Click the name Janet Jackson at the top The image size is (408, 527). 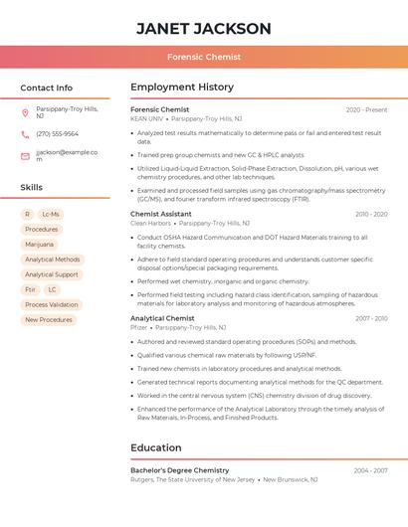coord(203,28)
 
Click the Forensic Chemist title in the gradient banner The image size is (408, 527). coord(203,58)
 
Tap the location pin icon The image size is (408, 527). coord(25,112)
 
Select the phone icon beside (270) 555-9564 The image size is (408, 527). coord(25,134)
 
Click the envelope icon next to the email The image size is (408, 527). coord(25,156)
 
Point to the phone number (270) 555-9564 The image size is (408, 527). coord(57,134)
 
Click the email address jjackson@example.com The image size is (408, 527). coord(67,155)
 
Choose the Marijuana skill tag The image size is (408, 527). coord(40,244)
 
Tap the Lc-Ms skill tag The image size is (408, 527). coord(51,214)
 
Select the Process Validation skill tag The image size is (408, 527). coord(51,304)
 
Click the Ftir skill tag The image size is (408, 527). coord(30,289)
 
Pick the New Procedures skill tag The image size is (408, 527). coord(49,320)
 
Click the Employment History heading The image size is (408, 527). coord(182,88)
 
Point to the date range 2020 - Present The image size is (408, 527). coord(366,109)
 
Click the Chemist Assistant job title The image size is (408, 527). coord(161,214)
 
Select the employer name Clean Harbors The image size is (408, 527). coord(151,224)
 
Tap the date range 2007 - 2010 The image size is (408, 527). coord(370,318)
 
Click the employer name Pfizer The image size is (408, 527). coord(138,327)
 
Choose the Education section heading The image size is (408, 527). coord(155,447)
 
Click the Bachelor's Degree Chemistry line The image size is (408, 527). coord(180,470)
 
